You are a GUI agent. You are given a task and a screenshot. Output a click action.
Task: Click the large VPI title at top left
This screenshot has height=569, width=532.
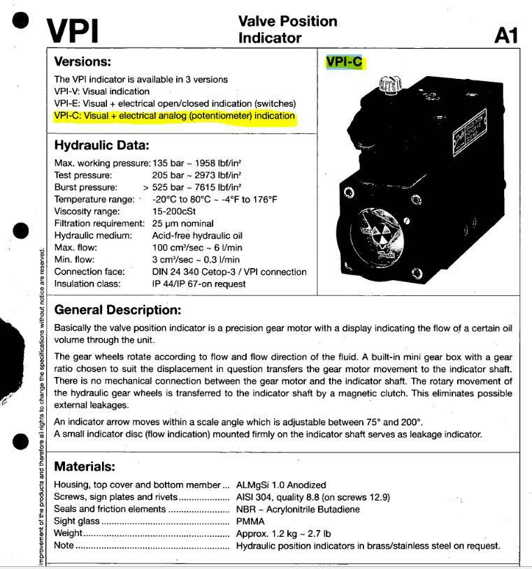click(73, 29)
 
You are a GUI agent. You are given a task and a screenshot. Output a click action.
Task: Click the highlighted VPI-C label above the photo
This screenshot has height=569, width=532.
click(345, 62)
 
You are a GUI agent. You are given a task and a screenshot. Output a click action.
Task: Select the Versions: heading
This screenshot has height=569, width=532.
click(82, 61)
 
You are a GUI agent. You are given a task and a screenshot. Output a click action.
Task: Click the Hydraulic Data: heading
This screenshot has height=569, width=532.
click(102, 146)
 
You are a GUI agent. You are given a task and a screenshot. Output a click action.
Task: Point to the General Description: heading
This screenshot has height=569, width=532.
click(118, 309)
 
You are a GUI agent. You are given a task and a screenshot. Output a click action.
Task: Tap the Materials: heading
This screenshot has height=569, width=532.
click(85, 466)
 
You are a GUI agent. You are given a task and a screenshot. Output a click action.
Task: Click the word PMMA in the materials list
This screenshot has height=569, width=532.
click(250, 522)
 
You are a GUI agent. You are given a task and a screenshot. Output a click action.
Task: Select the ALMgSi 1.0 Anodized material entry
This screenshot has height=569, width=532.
click(281, 485)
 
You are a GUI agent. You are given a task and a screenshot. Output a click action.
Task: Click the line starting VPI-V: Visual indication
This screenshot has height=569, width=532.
click(102, 91)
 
